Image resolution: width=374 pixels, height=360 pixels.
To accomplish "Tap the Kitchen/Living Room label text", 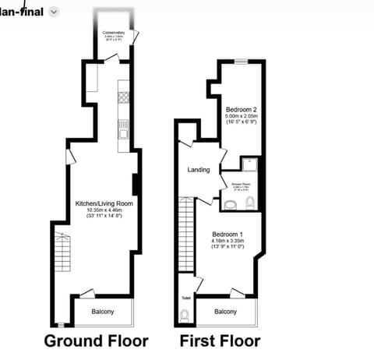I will point(104,203).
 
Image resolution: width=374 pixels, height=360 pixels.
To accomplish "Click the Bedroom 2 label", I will point(241,109).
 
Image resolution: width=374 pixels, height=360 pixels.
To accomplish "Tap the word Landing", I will point(199,169).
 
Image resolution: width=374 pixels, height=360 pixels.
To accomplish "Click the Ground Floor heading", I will point(96,341).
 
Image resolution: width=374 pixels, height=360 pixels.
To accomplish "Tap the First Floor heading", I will point(221,341).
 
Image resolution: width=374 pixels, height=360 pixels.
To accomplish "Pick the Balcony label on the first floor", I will point(226,312).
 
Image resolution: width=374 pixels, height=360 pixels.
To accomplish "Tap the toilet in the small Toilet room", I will point(183,316).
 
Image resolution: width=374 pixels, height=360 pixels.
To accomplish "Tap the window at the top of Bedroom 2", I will point(242,61).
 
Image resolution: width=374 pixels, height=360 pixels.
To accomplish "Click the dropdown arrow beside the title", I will point(53,12).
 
